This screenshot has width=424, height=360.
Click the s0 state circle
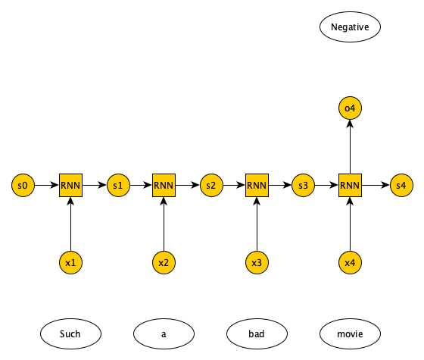(23, 186)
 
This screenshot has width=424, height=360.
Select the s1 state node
(118, 186)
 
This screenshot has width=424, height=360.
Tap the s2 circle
(211, 186)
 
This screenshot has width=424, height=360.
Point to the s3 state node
(303, 186)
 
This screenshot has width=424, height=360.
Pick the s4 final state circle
(401, 186)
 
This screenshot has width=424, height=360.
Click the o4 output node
(350, 108)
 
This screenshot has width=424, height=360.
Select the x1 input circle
(71, 262)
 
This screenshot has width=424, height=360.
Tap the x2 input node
(164, 262)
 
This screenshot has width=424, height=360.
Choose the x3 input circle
(257, 262)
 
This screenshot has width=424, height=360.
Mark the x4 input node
(350, 262)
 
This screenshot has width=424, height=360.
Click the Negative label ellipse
(350, 27)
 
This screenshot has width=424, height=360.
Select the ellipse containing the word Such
(71, 333)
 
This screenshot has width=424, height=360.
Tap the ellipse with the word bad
(257, 333)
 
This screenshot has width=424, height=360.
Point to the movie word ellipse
(350, 333)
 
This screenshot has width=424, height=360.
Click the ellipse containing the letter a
(164, 333)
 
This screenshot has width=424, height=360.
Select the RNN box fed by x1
(71, 186)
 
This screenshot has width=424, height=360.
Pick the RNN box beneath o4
(350, 186)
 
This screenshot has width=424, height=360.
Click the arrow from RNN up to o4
(350, 147)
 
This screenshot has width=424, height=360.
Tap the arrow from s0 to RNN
(47, 186)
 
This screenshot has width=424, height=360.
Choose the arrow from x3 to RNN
(257, 224)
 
